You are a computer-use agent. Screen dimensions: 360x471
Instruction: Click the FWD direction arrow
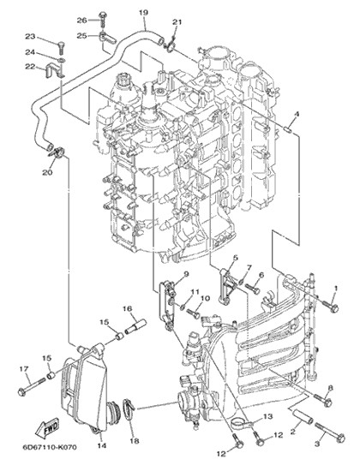(x=47, y=427)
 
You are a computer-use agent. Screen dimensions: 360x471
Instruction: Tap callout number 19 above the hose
(x=143, y=13)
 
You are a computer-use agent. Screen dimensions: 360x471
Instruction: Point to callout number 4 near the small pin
(x=297, y=114)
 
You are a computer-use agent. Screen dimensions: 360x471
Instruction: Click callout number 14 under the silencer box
(x=102, y=445)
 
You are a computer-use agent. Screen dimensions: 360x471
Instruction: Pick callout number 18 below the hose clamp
(x=135, y=441)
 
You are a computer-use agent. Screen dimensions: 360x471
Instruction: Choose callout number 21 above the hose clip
(x=177, y=22)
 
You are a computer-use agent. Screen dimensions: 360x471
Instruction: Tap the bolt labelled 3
(x=330, y=431)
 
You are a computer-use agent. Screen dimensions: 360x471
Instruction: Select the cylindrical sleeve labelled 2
(x=303, y=417)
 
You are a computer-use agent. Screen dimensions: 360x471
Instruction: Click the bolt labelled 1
(x=330, y=305)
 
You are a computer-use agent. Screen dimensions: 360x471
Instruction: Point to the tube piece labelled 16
(x=135, y=326)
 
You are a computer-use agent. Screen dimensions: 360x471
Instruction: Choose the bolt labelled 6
(x=252, y=289)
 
